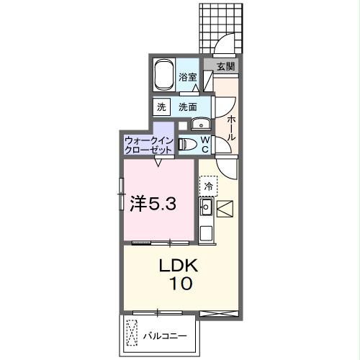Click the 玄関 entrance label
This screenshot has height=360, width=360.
click(x=225, y=66)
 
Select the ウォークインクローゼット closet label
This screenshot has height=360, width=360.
click(x=148, y=144)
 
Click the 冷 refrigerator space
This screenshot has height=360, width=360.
click(x=208, y=186)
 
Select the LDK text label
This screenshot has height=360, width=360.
click(x=177, y=266)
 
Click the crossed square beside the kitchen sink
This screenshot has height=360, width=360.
click(x=224, y=209)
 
